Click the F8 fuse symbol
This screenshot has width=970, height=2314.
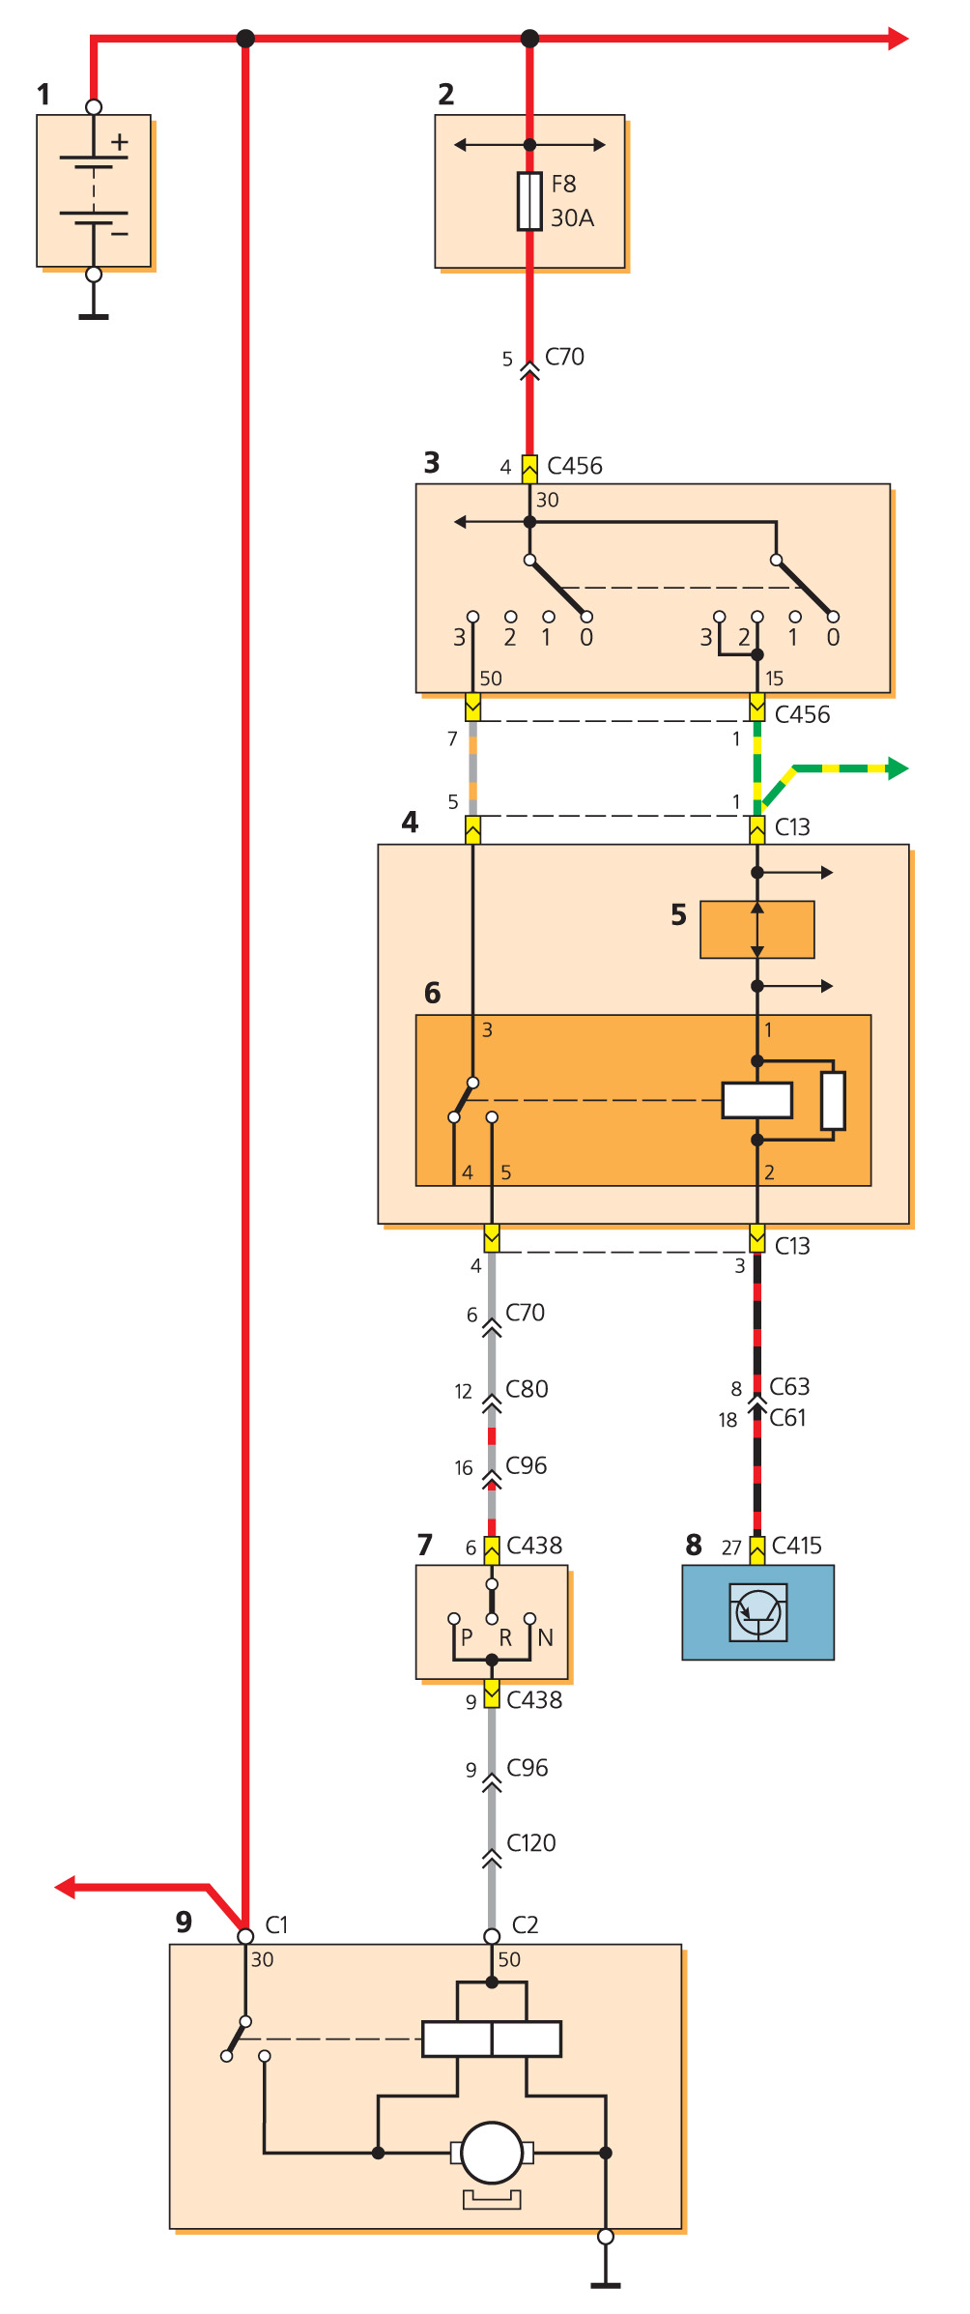click(x=529, y=201)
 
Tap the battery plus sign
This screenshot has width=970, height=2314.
click(x=119, y=143)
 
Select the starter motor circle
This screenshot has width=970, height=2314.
click(x=492, y=2152)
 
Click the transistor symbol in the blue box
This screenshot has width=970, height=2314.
click(x=758, y=1611)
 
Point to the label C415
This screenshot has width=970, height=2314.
click(x=796, y=1545)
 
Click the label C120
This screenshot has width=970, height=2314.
click(x=530, y=1842)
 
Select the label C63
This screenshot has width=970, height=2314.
click(x=789, y=1386)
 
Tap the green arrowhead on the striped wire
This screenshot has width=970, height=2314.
click(x=898, y=768)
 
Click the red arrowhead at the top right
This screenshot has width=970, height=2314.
click(x=898, y=39)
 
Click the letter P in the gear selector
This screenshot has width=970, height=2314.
click(x=467, y=1637)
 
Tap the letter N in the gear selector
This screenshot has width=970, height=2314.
click(x=545, y=1637)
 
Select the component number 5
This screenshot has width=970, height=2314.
click(x=678, y=914)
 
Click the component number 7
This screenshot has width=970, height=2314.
click(x=424, y=1545)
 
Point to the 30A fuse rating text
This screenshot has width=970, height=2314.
click(x=572, y=218)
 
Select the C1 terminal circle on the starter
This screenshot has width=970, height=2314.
click(x=245, y=1936)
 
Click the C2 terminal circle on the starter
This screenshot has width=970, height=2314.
click(x=492, y=1936)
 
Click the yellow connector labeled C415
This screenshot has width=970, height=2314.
click(x=757, y=1548)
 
